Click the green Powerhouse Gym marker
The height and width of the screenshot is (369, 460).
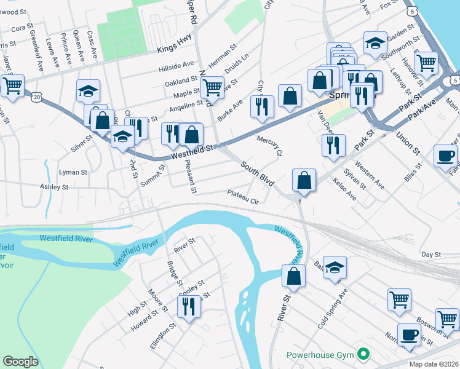point(363,354)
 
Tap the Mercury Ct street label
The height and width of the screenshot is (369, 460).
point(269,145)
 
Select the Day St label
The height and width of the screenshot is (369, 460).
point(431,254)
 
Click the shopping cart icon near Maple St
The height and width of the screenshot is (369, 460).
point(212,87)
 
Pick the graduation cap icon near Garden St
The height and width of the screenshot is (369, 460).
point(375,42)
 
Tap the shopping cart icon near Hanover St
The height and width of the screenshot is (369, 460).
point(426,61)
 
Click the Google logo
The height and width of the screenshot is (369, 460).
point(20,362)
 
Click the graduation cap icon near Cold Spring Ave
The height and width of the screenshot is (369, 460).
point(335,267)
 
